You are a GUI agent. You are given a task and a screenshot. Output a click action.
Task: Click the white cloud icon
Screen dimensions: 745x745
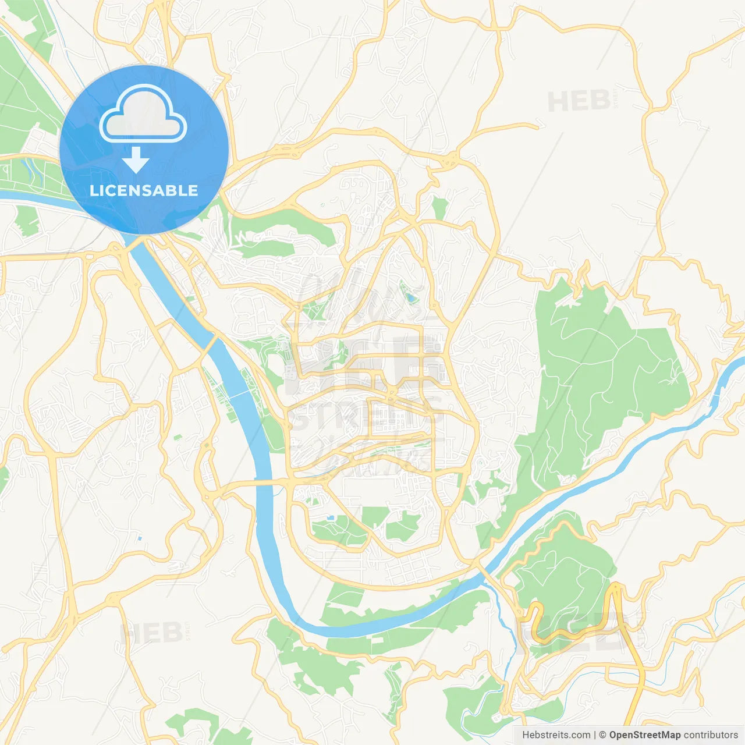pos(143,114)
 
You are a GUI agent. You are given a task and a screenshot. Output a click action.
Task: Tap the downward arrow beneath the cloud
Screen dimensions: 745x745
pos(136,160)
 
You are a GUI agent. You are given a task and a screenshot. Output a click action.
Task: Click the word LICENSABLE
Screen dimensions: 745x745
pos(144,190)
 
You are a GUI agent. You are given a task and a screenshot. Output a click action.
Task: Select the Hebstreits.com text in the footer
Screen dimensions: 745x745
pos(556,735)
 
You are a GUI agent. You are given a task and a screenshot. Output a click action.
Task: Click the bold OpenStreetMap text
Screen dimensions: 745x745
pos(645,735)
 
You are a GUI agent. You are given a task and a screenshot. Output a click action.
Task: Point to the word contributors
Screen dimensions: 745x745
pos(711,735)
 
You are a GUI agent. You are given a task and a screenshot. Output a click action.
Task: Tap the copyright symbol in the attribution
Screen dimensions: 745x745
pos(603,735)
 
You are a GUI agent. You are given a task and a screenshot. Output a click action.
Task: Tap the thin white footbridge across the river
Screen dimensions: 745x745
pos(238,395)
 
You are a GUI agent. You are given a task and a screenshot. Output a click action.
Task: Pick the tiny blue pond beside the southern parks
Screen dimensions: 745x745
pos(331,517)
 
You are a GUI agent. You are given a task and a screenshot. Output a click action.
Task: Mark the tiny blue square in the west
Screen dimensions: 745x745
pos(140,538)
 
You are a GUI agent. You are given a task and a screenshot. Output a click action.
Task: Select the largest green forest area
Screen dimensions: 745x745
pos(605,372)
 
